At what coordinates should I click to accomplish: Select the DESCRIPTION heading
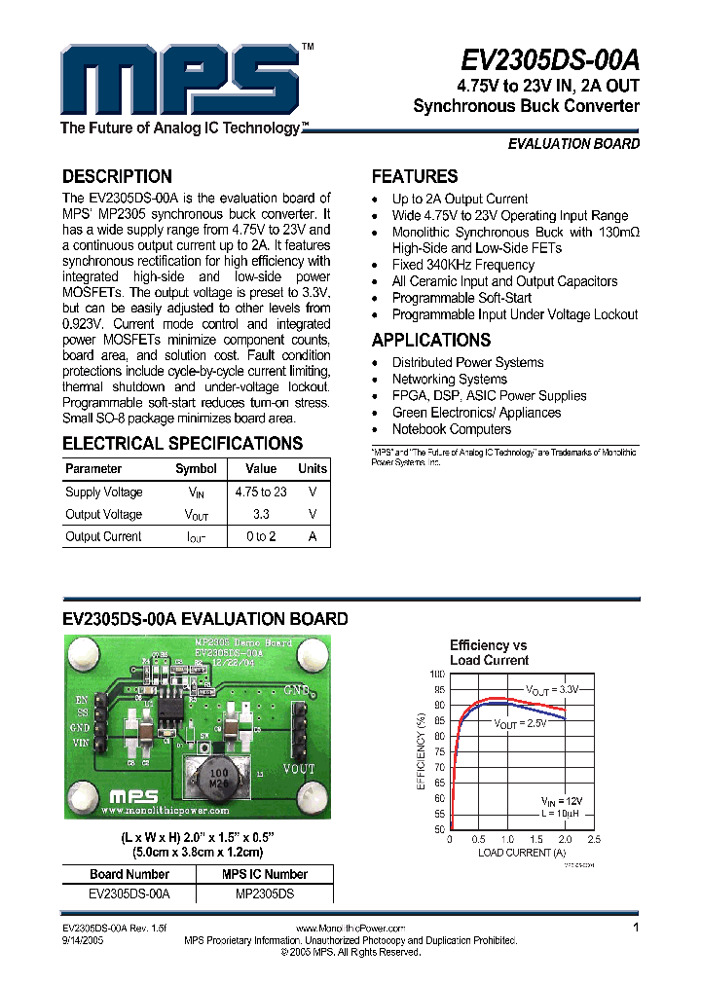pyautogui.click(x=117, y=177)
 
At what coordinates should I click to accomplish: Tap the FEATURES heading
pyautogui.click(x=415, y=177)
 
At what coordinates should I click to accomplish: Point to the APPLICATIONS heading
pyautogui.click(x=431, y=341)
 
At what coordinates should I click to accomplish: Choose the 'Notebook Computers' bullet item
pyautogui.click(x=451, y=429)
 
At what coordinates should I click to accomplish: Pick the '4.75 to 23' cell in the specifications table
pyautogui.click(x=261, y=492)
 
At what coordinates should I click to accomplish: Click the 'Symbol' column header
pyautogui.click(x=196, y=469)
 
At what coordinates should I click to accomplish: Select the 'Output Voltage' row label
pyautogui.click(x=103, y=515)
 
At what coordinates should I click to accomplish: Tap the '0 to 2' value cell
pyautogui.click(x=261, y=537)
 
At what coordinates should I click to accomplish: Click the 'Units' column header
pyautogui.click(x=313, y=469)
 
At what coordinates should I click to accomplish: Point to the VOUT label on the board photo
pyautogui.click(x=299, y=768)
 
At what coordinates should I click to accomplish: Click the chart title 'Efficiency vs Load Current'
pyautogui.click(x=489, y=652)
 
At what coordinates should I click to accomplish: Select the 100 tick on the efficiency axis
pyautogui.click(x=436, y=674)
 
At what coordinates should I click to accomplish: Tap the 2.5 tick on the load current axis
pyautogui.click(x=594, y=838)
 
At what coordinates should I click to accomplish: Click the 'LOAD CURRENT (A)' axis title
pyautogui.click(x=522, y=853)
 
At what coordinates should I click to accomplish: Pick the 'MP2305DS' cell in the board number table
pyautogui.click(x=265, y=893)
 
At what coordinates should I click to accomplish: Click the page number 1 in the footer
pyautogui.click(x=636, y=929)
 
